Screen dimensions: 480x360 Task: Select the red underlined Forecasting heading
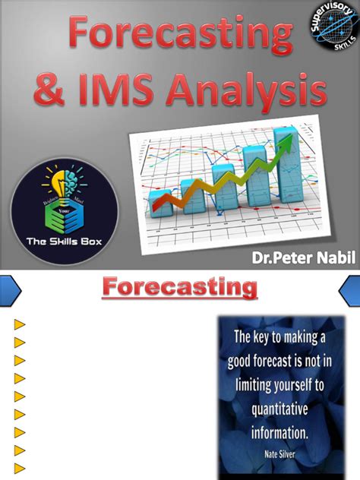point(180,289)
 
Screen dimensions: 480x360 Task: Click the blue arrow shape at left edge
point(9,290)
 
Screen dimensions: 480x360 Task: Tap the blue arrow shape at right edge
point(350,290)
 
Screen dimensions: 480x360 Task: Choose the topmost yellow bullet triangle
point(20,325)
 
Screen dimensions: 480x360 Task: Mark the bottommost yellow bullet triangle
point(20,468)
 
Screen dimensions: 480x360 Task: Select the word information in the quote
point(279,434)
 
